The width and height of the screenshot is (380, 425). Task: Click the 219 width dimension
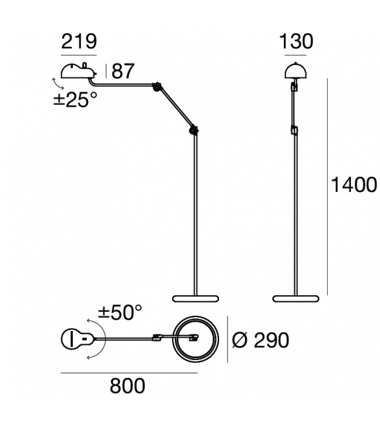[x=79, y=42]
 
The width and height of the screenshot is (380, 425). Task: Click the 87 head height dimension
[x=122, y=71]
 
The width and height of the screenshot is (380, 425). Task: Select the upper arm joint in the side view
[x=157, y=87]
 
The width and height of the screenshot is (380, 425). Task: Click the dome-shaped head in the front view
[x=295, y=70]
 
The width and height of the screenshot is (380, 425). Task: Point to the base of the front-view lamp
[x=295, y=299]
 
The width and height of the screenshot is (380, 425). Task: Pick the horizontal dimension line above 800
[x=129, y=373]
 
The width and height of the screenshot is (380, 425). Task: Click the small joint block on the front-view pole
[x=295, y=129]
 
